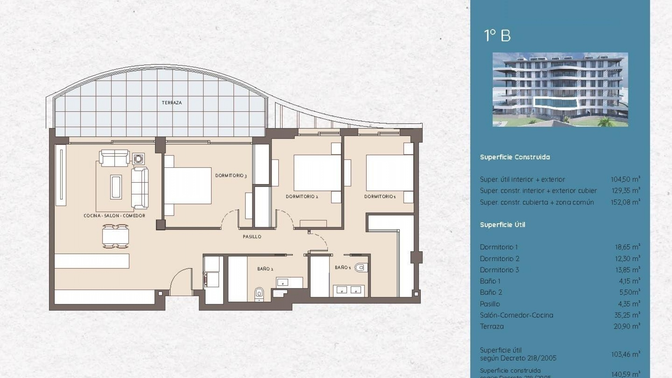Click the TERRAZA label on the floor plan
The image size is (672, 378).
171,103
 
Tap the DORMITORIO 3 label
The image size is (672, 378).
231,176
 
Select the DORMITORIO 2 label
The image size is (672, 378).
302,197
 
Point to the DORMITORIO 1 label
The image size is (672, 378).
380,197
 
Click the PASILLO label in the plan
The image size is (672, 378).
252,237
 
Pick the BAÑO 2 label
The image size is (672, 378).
265,269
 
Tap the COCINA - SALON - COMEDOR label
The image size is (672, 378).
114,216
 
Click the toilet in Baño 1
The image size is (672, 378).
360,268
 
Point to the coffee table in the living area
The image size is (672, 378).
116,187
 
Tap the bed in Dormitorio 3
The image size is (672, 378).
187,185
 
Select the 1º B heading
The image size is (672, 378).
497,36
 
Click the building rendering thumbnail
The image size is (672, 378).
560,89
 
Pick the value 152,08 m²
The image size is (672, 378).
625,202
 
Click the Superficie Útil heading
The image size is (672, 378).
502,225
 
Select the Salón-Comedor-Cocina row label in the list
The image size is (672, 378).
516,315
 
